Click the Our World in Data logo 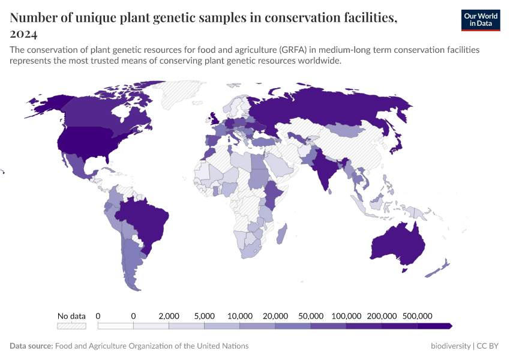(480, 20)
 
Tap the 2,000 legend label (169, 316)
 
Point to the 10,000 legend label (239, 316)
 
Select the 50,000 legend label (311, 316)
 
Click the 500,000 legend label (417, 316)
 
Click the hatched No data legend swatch (71, 326)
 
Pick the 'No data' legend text (71, 316)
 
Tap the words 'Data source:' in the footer (31, 346)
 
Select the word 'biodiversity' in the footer (451, 346)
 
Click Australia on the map (397, 242)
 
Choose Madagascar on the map (281, 233)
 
